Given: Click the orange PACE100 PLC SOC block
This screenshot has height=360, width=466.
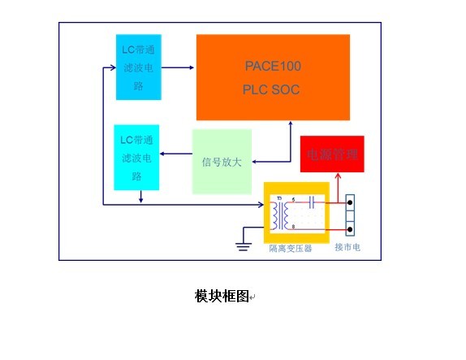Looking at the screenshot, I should point(273,77).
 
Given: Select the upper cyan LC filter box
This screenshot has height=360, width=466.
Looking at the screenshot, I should point(139,67).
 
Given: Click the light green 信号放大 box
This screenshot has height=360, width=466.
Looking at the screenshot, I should point(222,161).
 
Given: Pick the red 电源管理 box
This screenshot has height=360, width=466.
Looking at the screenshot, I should point(331,154).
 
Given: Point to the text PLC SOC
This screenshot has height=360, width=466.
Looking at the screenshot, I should point(271,89).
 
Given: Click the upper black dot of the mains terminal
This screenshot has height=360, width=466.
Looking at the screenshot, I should point(351,199).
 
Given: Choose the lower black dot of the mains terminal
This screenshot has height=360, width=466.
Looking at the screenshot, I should point(351,229).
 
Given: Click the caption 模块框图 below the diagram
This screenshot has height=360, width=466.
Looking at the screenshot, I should point(222,296).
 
